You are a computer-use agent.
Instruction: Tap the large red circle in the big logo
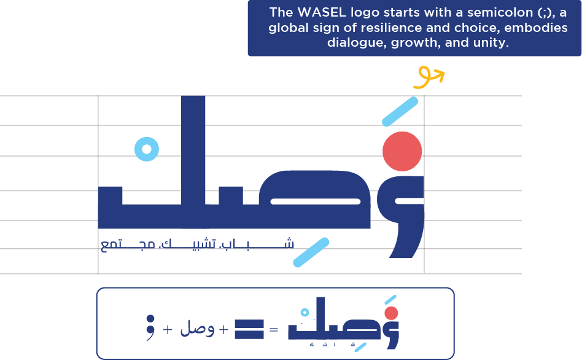(x=402, y=151)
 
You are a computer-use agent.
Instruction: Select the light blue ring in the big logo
(x=147, y=149)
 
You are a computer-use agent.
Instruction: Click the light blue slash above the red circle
(x=400, y=112)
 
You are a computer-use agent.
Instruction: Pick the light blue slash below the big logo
(x=311, y=252)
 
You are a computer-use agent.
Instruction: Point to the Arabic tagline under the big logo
(x=196, y=245)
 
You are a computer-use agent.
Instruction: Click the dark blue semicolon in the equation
(x=150, y=327)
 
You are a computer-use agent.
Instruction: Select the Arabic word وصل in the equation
(x=197, y=329)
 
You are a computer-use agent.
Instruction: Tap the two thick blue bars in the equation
(x=249, y=329)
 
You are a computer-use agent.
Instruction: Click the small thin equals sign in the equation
(x=274, y=330)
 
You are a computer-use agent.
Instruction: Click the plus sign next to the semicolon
(x=168, y=329)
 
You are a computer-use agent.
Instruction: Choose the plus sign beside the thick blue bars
(x=224, y=330)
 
